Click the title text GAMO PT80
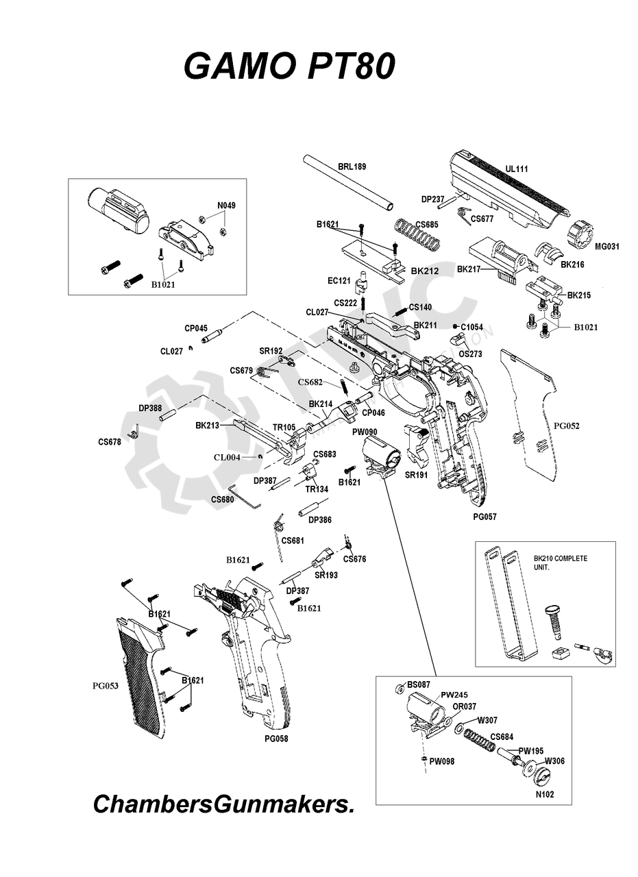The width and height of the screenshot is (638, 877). point(289,68)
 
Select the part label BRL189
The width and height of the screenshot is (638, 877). point(352,166)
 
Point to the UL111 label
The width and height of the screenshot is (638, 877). point(517,169)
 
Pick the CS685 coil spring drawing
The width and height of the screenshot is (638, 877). point(417,235)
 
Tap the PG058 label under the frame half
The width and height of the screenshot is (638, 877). point(276,739)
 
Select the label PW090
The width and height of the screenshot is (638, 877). point(365,432)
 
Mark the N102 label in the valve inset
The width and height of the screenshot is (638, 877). point(544,795)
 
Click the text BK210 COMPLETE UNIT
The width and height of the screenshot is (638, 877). point(560,563)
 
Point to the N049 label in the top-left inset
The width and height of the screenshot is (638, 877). point(226,206)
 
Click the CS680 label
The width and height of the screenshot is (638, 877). point(223,499)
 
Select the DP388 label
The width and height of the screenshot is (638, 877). point(150,408)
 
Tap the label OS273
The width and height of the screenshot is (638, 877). point(471,354)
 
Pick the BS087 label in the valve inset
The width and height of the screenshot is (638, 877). point(419,684)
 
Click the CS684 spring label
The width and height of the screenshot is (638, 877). point(502,737)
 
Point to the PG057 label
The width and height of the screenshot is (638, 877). point(484,517)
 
